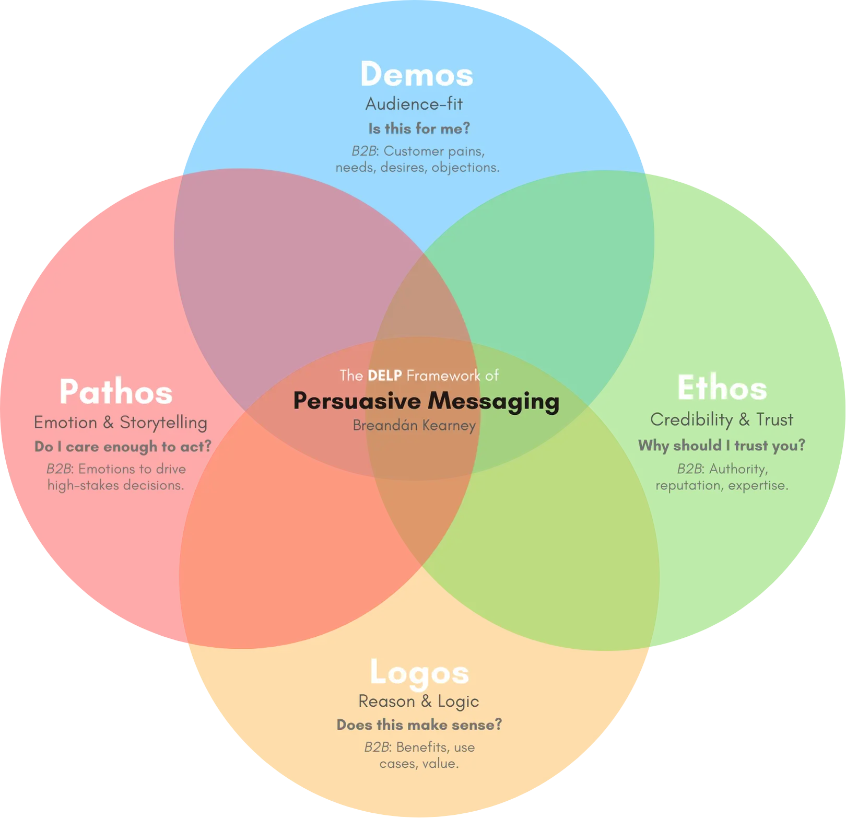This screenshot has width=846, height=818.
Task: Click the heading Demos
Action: pyautogui.click(x=416, y=75)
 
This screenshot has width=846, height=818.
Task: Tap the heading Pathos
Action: pyautogui.click(x=115, y=392)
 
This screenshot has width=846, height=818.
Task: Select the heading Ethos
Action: pyautogui.click(x=722, y=389)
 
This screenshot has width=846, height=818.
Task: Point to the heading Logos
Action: pyautogui.click(x=419, y=673)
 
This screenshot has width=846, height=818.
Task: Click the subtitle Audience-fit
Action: pyautogui.click(x=414, y=104)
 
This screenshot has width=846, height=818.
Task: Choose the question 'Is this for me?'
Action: pyautogui.click(x=419, y=128)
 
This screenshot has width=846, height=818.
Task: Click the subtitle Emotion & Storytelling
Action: pyautogui.click(x=121, y=423)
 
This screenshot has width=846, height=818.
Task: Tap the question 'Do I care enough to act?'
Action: pyautogui.click(x=123, y=447)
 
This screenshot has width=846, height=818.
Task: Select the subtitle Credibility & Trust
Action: pyautogui.click(x=722, y=419)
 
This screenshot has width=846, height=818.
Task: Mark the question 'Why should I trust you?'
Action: pyautogui.click(x=722, y=446)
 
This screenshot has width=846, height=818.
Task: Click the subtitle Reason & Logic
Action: pyautogui.click(x=418, y=702)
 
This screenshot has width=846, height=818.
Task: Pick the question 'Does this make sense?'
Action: pyautogui.click(x=419, y=725)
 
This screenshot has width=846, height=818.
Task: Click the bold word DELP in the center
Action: pyautogui.click(x=384, y=376)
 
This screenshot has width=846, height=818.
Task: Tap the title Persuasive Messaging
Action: pyautogui.click(x=426, y=401)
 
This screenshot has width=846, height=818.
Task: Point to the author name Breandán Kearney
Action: pyautogui.click(x=414, y=426)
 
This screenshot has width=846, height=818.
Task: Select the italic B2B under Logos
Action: pyautogui.click(x=377, y=747)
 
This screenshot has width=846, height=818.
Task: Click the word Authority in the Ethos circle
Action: pyautogui.click(x=738, y=469)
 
